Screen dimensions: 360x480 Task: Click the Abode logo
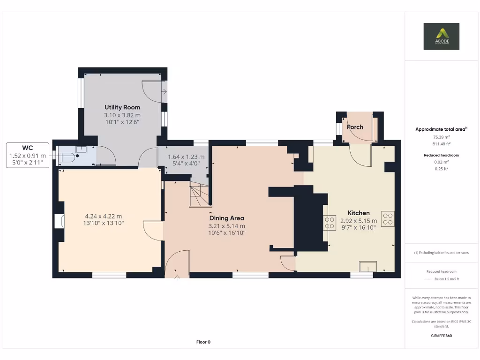pos(441,36)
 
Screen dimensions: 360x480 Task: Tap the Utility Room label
pos(122,107)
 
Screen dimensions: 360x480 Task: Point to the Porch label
pos(355,127)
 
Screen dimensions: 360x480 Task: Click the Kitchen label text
pos(359,213)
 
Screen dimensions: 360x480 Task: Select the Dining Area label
pos(226,218)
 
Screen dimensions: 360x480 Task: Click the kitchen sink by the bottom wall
pos(368,266)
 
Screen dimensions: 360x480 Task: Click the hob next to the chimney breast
pos(330,223)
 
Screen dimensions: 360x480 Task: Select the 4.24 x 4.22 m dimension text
pos(103,216)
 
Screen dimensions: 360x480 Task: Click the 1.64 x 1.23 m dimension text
pos(186,157)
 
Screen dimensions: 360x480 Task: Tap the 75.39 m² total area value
pos(441,137)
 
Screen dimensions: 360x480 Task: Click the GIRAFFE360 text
pos(441,336)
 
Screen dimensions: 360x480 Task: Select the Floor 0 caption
pos(203,342)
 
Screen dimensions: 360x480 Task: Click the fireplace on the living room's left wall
pos(59,221)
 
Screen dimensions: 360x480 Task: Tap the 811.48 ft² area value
pos(441,144)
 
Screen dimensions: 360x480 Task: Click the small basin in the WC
pos(81,149)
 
